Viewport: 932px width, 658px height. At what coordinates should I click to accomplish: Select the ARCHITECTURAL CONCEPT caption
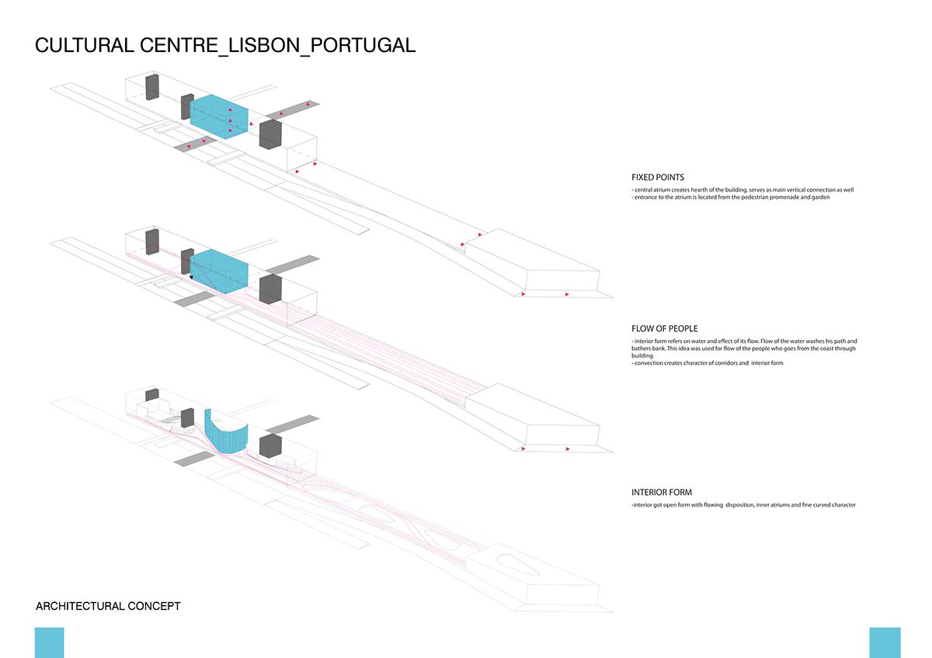[x=108, y=605]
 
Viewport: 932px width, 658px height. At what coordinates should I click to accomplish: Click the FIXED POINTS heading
[x=658, y=178]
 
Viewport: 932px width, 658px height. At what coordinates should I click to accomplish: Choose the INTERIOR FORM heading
[x=662, y=492]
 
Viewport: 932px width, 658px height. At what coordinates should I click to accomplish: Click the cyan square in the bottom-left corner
[x=49, y=642]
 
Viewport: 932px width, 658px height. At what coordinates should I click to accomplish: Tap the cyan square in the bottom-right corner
[x=885, y=642]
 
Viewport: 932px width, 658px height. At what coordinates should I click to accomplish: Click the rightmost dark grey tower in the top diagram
[x=270, y=133]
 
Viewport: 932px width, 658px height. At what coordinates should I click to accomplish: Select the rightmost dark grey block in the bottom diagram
[x=270, y=447]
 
